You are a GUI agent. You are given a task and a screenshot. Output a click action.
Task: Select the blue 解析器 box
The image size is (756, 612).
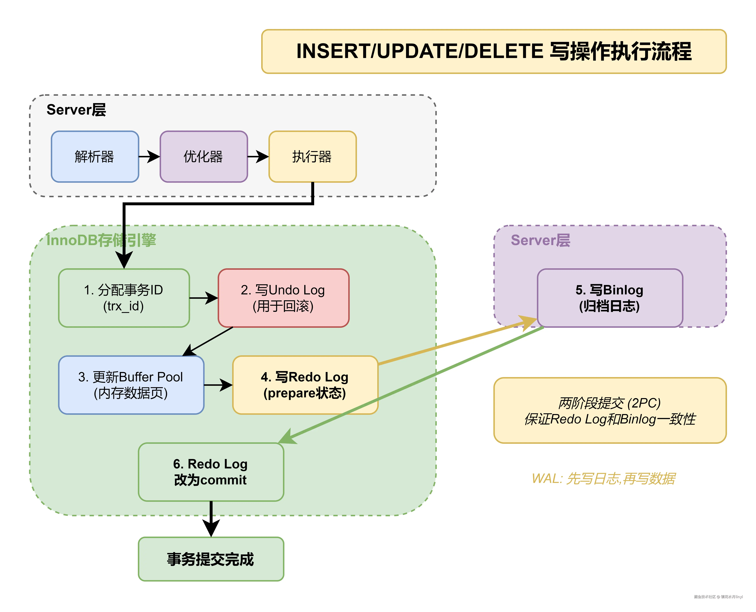point(95,156)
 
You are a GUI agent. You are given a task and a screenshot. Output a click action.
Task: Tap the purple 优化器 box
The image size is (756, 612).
point(204,156)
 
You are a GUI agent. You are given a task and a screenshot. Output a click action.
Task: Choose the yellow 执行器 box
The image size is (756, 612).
point(312,156)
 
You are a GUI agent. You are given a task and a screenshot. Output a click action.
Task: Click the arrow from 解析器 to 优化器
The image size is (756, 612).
point(149,156)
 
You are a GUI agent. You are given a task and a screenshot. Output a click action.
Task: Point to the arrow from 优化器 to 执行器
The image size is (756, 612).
point(258,156)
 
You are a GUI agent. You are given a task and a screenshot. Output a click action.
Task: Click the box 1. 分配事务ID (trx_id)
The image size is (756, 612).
point(124,298)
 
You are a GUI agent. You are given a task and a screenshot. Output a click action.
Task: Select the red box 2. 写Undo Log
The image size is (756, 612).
point(283,298)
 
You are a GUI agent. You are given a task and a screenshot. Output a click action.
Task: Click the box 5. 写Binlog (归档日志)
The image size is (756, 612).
point(610,298)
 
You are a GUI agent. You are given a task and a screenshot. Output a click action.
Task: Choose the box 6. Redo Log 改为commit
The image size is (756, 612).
point(211,472)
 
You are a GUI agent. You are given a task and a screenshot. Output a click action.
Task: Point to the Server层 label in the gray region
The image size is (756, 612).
point(76,110)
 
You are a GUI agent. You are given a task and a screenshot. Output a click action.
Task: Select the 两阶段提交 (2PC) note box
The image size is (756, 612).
point(610,410)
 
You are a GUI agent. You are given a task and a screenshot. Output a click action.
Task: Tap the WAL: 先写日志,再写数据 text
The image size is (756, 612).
point(603,478)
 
